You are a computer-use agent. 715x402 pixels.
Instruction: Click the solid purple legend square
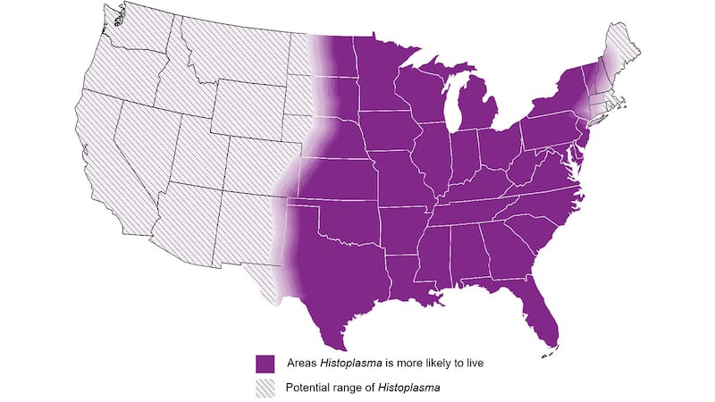[x=264, y=364]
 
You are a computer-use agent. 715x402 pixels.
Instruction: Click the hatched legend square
[x=264, y=389]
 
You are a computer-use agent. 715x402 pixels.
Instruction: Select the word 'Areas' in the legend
[x=301, y=364]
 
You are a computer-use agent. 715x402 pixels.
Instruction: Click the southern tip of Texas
[x=339, y=344]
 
